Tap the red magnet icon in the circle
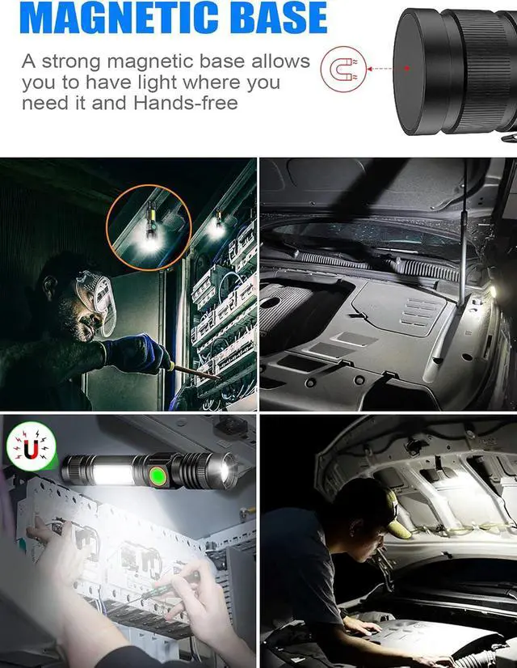click(x=338, y=68)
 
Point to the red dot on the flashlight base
click(x=407, y=69)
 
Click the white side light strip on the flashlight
click(x=113, y=473)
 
